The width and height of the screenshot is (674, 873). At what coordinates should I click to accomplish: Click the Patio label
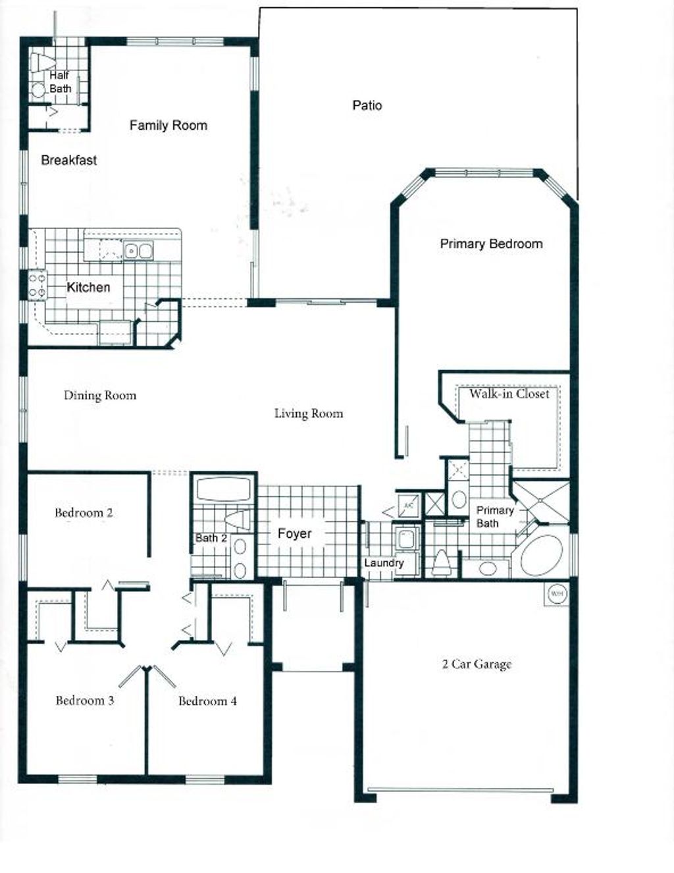click(x=367, y=105)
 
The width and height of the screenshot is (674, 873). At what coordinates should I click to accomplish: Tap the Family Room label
click(x=168, y=125)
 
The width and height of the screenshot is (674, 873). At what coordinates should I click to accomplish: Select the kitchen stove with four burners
click(x=37, y=285)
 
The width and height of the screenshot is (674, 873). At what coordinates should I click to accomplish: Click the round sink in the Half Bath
click(x=39, y=90)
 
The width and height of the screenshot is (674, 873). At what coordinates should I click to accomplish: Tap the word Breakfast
click(x=68, y=160)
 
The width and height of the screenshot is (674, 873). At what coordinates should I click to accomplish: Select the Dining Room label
click(x=99, y=396)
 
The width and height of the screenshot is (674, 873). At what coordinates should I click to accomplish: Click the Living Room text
click(x=308, y=413)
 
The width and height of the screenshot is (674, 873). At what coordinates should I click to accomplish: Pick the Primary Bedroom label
click(x=491, y=244)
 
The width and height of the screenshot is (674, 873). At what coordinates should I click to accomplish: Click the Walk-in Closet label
click(x=509, y=394)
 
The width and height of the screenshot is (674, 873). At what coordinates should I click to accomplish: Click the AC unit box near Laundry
click(x=408, y=506)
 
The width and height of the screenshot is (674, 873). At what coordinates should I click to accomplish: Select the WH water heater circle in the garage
click(x=557, y=594)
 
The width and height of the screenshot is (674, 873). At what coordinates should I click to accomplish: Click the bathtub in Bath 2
click(x=224, y=490)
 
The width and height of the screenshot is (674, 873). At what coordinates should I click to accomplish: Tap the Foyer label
click(x=294, y=533)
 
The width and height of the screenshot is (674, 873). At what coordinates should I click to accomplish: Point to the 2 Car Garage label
click(x=477, y=664)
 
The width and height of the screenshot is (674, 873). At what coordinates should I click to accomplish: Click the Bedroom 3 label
click(x=84, y=701)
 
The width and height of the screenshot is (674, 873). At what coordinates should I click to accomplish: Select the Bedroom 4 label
click(x=207, y=701)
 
